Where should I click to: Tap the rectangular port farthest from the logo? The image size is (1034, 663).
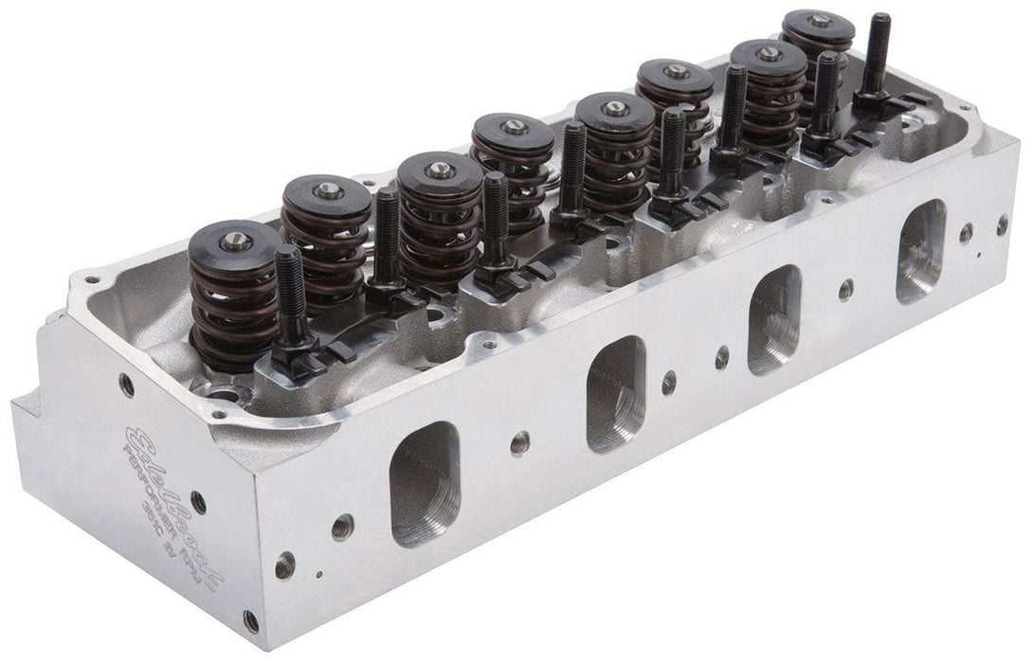(x=920, y=250)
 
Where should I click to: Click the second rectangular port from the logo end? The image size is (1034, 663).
(x=615, y=393)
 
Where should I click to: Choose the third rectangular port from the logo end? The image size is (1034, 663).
(x=774, y=318)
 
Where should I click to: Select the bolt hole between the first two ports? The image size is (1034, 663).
(x=519, y=441)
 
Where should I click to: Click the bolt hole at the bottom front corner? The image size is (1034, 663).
(x=250, y=621)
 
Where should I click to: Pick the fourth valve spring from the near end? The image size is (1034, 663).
(x=513, y=166)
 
